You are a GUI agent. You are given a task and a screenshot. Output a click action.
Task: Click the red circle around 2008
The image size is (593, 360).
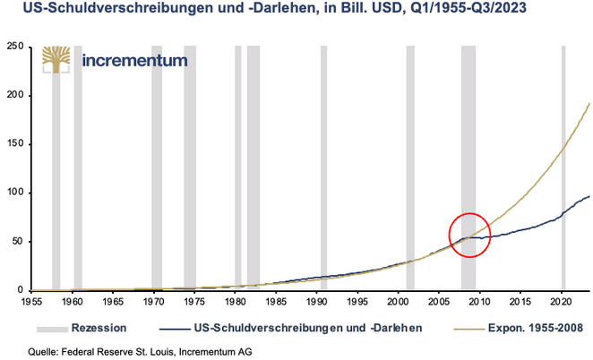coord(469,236)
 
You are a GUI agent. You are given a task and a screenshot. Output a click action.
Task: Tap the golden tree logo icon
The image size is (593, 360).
coord(56,61)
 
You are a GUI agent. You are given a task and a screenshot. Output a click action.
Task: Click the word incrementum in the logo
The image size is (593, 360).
coord(134,61)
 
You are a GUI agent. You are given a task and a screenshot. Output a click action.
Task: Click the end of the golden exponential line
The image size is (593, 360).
coord(589,104)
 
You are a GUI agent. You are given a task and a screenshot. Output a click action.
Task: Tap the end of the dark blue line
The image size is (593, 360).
coord(589,196)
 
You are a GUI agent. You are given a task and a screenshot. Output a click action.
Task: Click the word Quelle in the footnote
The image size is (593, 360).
coord(23,351)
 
